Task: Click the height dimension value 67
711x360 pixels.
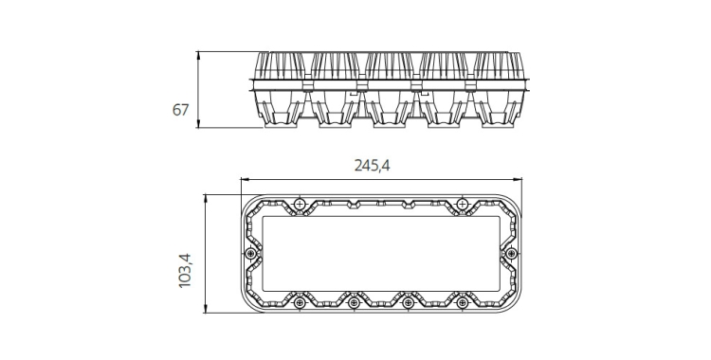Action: pos(180,110)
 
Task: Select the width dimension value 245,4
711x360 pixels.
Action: pos(372,166)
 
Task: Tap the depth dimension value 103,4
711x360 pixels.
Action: pos(185,271)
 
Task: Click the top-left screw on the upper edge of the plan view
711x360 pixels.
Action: pos(299,205)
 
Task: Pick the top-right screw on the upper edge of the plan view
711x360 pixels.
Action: pos(462,205)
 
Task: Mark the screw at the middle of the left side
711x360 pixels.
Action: pos(250,254)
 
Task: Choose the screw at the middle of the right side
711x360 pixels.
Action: pos(511,254)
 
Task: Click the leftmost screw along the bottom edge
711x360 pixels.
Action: pos(299,302)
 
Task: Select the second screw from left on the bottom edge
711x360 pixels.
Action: pos(354,302)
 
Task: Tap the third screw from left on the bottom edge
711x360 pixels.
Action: pos(408,302)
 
